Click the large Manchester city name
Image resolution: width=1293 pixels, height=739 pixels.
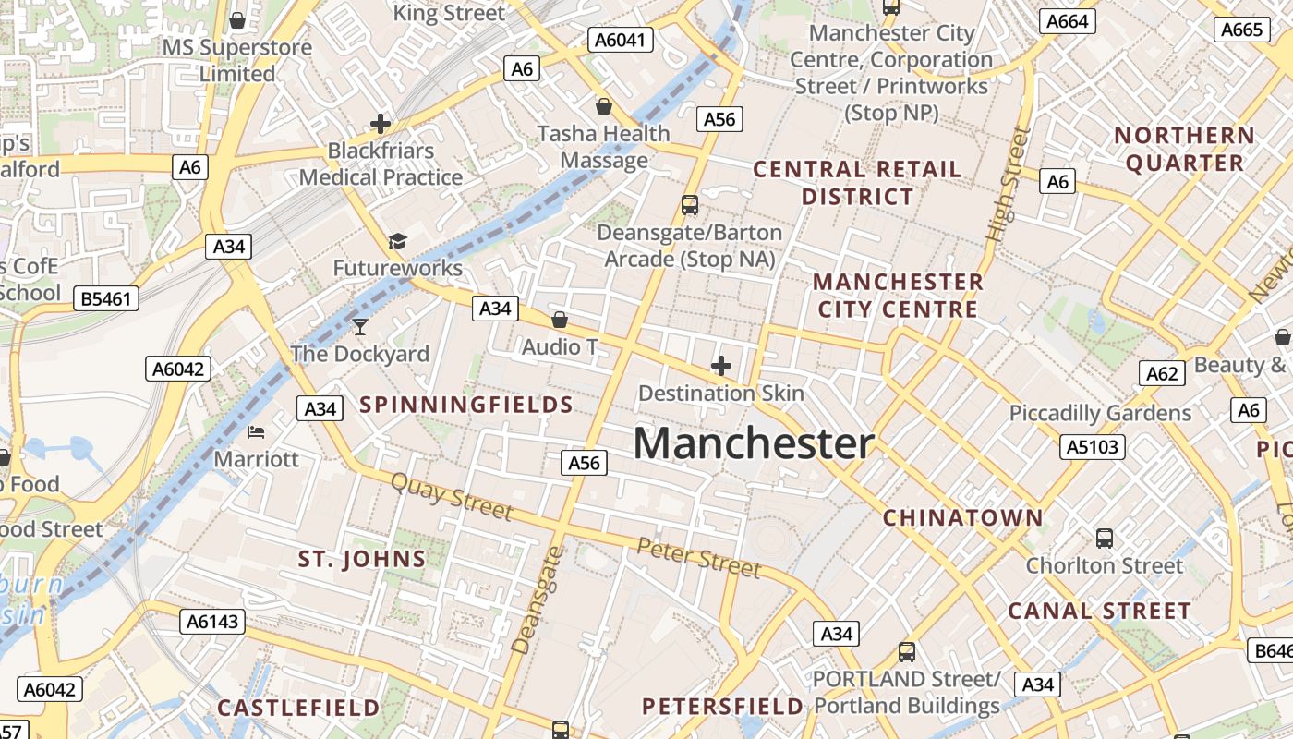753,444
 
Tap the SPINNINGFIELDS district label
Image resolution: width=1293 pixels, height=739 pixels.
466,405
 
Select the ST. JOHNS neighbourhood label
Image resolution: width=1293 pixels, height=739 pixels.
362,559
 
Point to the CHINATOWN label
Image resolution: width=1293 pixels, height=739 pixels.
962,517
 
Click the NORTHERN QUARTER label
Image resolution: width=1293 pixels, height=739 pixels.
1184,149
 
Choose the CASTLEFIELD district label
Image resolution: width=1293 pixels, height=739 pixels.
298,708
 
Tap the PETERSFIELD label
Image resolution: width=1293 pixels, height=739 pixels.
722,707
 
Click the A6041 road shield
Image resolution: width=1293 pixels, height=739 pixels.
622,40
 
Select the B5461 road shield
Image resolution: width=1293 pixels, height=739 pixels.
106,298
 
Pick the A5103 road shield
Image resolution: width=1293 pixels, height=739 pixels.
1093,447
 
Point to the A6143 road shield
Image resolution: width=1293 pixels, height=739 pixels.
212,622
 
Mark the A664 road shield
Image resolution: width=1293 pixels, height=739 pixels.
1067,21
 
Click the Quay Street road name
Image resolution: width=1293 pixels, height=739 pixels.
451,496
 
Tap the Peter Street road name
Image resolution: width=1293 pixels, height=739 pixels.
699,557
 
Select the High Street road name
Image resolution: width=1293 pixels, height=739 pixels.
1007,185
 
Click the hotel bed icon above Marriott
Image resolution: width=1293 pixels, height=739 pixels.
256,431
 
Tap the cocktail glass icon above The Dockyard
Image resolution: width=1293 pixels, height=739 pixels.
359,326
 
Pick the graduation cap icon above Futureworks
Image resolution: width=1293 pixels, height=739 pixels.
397,241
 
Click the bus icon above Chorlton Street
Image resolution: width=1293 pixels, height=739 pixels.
1104,538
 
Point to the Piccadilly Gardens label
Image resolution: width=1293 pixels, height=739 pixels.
1100,413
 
